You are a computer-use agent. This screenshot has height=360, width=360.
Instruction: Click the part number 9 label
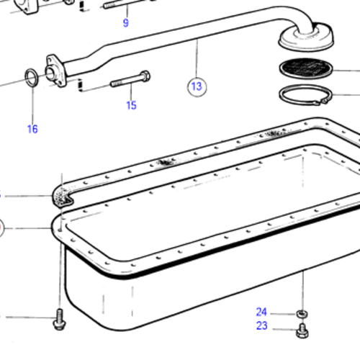(126, 23)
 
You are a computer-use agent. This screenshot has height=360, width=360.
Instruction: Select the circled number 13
(197, 87)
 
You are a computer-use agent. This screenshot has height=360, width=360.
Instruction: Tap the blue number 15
(131, 106)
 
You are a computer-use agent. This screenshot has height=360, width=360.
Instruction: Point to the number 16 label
(32, 130)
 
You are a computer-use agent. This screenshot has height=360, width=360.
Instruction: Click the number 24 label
(261, 312)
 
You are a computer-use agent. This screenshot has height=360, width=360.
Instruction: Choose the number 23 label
(261, 325)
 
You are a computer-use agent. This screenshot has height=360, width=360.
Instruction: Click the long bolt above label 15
(130, 81)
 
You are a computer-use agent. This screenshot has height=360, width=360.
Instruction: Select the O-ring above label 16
(31, 78)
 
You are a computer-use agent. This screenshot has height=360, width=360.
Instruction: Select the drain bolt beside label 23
(300, 332)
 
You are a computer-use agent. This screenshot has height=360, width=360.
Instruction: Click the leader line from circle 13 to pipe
(197, 62)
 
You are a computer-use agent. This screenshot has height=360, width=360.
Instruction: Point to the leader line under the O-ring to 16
(32, 105)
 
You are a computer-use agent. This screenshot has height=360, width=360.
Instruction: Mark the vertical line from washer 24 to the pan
(302, 288)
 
